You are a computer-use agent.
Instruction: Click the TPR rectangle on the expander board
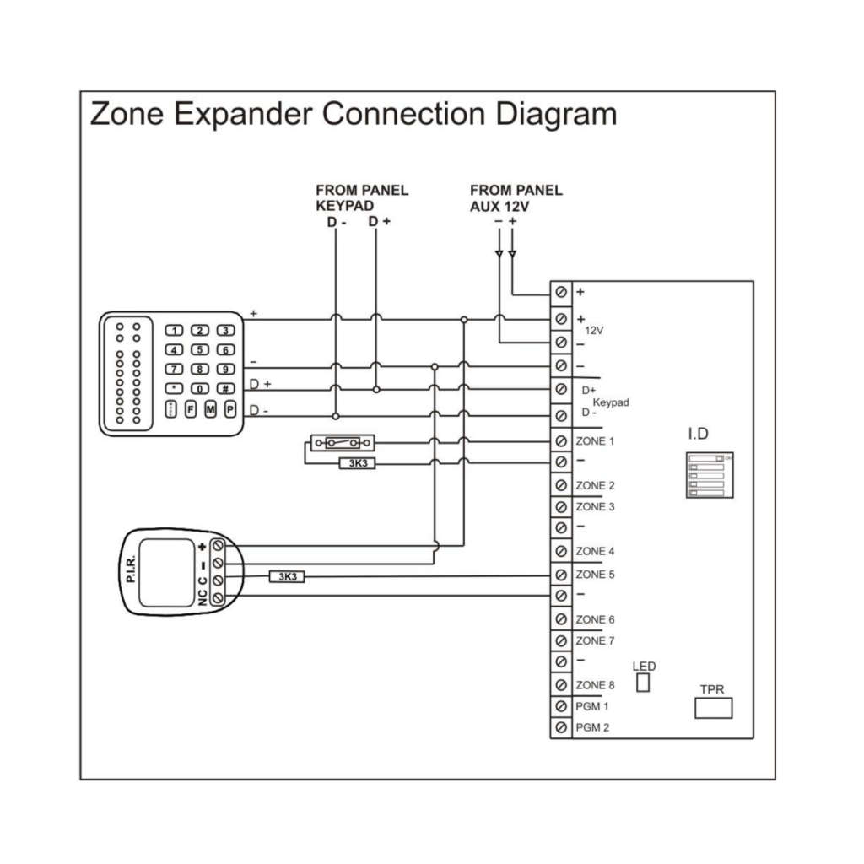pos(713,707)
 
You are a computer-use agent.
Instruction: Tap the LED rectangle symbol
pos(643,681)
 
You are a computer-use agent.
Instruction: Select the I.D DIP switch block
pos(706,475)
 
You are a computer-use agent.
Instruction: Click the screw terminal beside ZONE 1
pos(560,441)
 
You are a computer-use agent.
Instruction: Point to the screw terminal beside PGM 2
pos(560,727)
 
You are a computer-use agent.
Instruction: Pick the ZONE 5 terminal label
pos(595,575)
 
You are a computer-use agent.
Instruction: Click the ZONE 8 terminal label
pos(595,685)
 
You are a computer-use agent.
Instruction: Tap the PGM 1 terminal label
pos(592,706)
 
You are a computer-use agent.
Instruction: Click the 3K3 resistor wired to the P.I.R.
pos(287,576)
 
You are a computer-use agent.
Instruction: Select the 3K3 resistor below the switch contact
pos(357,463)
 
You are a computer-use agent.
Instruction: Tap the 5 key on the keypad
pos(200,349)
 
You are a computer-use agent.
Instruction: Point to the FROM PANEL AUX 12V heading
pos(516,197)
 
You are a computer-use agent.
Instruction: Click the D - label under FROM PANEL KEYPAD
pos(337,222)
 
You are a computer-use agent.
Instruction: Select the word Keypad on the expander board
pos(610,403)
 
